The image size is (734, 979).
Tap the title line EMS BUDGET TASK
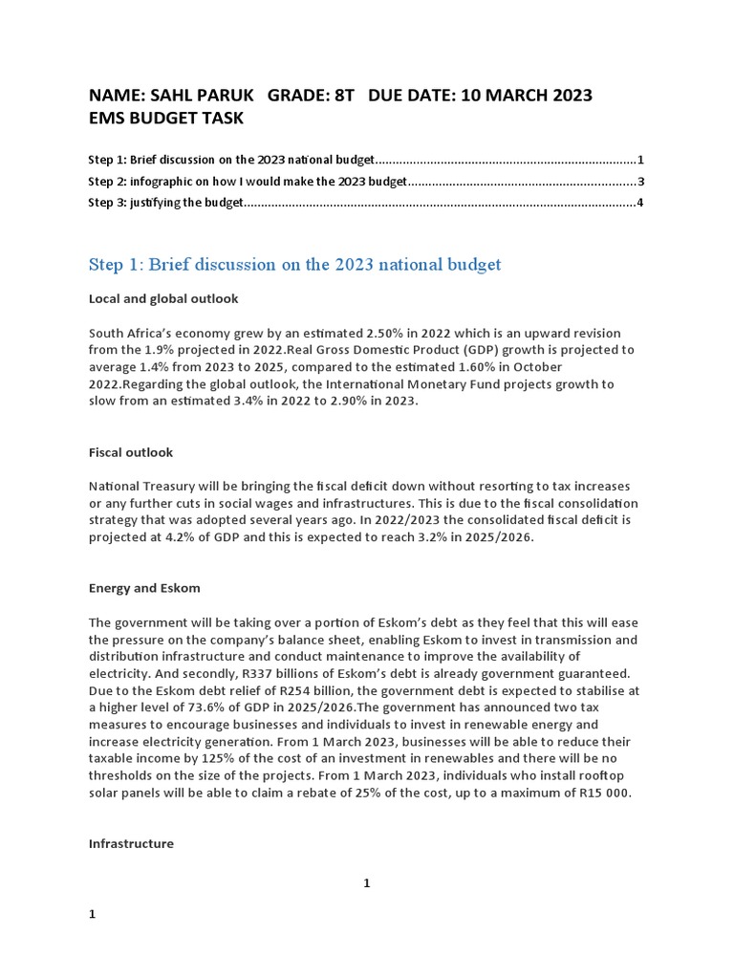coord(165,119)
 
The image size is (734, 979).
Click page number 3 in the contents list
coord(640,182)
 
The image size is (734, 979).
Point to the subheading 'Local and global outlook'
coord(163,299)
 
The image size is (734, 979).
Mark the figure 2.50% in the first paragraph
coord(387,333)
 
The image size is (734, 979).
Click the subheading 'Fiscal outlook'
coord(131,452)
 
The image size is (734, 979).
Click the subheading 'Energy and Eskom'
coord(144,588)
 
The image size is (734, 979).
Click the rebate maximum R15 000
coord(600,794)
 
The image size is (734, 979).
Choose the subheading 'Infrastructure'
coord(131,844)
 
